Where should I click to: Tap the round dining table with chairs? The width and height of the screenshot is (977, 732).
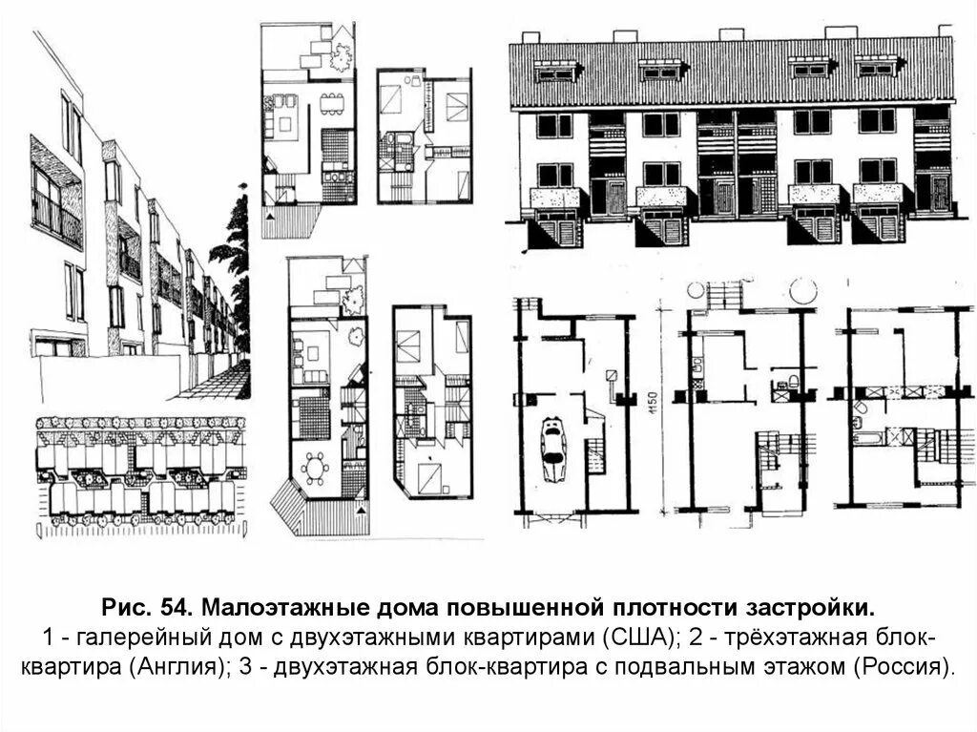315,469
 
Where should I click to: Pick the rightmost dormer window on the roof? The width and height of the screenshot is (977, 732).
877,70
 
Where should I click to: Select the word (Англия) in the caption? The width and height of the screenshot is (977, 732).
175,665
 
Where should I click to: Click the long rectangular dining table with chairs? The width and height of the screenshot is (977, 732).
332,103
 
